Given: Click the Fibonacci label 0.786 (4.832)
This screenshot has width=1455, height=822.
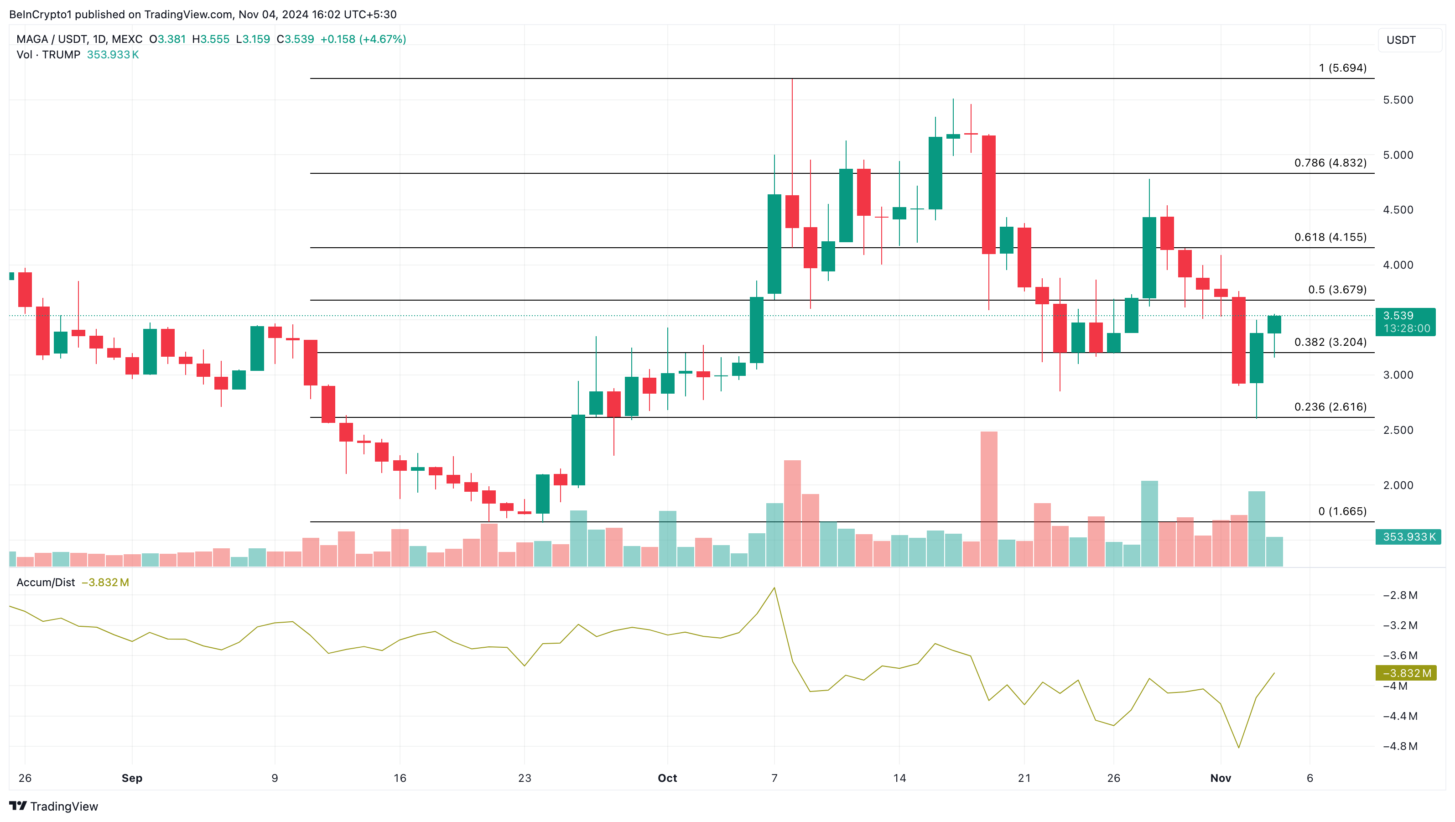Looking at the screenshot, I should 1330,163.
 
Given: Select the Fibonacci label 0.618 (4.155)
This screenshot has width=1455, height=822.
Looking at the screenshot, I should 1330,237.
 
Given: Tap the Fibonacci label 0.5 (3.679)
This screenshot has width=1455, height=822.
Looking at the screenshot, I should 1337,290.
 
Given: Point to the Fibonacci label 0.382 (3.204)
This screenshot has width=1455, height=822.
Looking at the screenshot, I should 1330,343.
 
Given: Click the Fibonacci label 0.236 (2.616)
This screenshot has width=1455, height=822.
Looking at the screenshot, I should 1330,407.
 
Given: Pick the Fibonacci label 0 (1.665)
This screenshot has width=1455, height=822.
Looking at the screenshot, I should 1342,511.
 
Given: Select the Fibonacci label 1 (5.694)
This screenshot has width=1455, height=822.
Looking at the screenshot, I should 1343,68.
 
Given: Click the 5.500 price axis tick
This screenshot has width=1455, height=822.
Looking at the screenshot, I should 1398,100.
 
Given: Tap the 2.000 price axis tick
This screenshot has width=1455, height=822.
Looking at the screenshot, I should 1398,485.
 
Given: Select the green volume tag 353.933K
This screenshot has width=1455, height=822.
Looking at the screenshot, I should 1408,537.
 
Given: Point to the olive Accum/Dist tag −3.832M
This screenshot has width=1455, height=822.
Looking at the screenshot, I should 1406,673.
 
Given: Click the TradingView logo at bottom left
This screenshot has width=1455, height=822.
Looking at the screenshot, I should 54,806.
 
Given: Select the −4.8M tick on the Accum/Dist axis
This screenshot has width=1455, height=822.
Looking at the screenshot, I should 1400,746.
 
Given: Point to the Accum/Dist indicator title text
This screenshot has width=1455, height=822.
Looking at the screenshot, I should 46,583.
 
